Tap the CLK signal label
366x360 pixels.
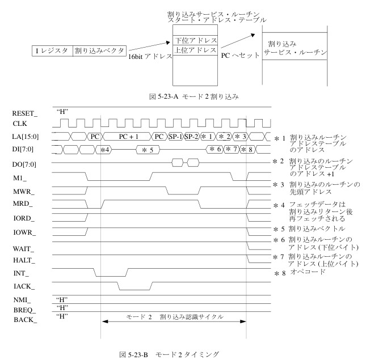(x=12, y=122)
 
